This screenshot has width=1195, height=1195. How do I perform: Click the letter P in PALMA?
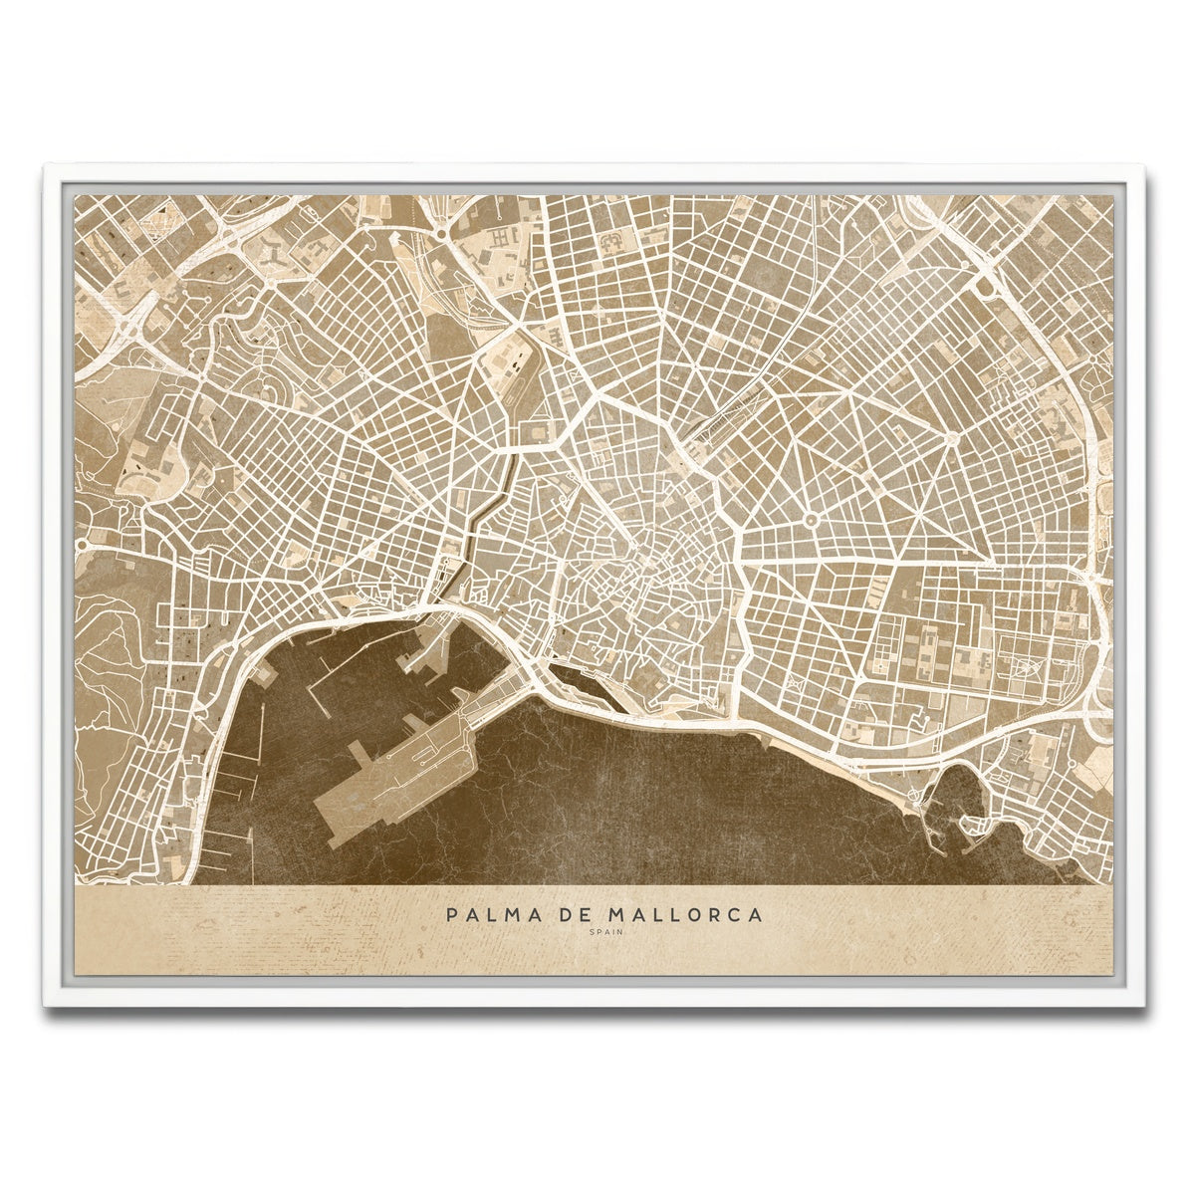pyautogui.click(x=453, y=914)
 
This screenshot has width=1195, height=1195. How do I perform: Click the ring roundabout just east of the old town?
pyautogui.click(x=810, y=518)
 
